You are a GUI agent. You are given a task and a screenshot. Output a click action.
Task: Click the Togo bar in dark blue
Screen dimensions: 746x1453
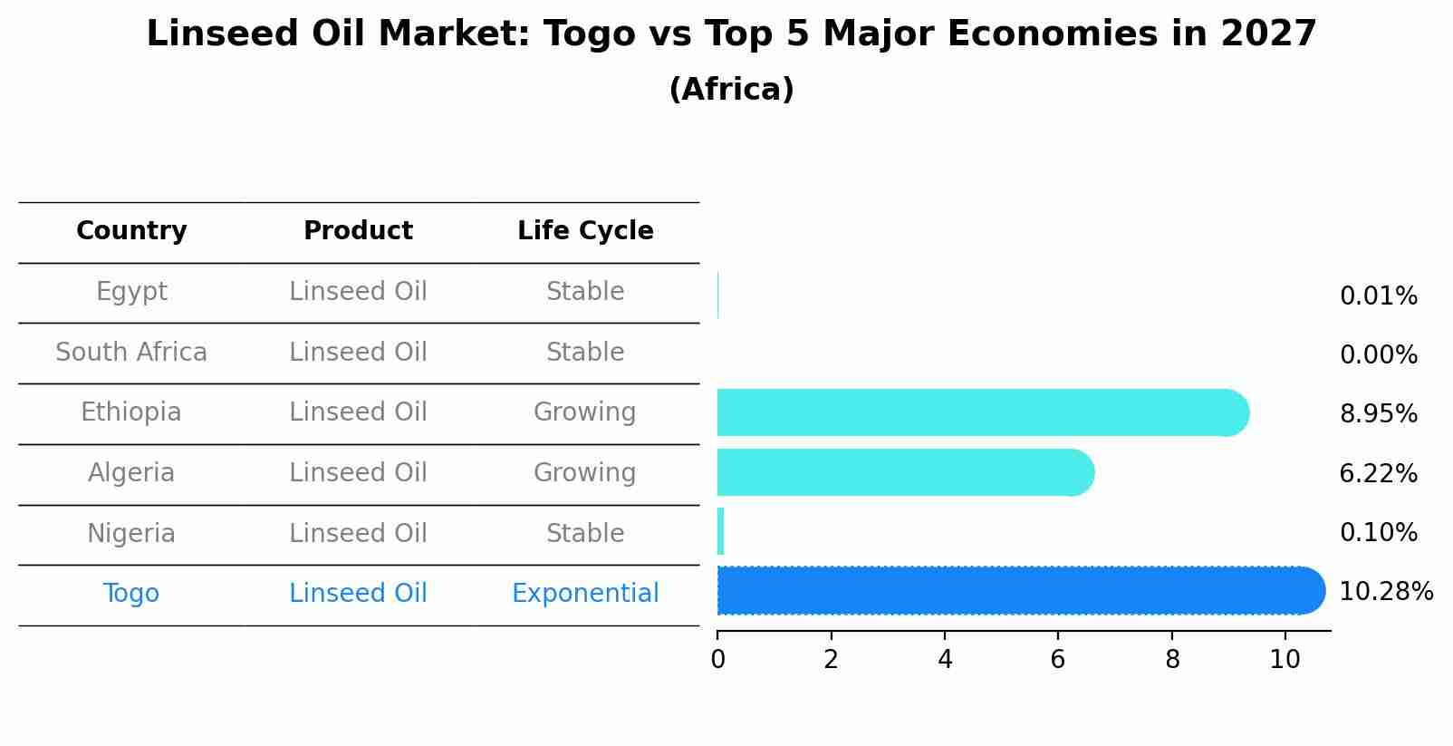[1015, 591]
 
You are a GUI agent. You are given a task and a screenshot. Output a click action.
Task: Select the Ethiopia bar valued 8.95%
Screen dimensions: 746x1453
[978, 412]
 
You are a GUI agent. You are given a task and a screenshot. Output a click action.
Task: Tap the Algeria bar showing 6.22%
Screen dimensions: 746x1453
[901, 472]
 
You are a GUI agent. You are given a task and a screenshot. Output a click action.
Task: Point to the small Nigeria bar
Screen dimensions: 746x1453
[721, 531]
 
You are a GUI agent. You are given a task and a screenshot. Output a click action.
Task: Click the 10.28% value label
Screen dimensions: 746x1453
[1385, 592]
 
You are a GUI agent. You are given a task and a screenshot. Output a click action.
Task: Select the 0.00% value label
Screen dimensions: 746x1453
[1378, 355]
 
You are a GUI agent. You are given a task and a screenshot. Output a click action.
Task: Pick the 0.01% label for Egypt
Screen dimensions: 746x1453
[1378, 296]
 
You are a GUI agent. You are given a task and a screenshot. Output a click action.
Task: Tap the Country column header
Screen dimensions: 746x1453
[131, 231]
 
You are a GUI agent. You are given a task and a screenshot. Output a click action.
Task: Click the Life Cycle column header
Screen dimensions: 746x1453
[585, 231]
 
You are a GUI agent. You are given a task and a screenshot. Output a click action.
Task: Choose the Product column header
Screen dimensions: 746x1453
[358, 231]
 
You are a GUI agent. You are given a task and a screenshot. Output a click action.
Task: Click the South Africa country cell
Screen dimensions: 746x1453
[131, 352]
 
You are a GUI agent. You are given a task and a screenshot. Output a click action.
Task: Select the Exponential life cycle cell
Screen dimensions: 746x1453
[585, 594]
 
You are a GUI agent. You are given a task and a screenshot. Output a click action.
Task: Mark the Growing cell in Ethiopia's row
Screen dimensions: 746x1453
[585, 412]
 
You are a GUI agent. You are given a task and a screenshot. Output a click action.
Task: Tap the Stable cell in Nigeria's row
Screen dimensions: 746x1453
[585, 533]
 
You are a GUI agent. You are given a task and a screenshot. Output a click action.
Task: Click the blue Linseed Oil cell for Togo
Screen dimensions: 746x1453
[358, 594]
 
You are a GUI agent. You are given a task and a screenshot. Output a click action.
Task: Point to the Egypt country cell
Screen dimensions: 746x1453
[131, 292]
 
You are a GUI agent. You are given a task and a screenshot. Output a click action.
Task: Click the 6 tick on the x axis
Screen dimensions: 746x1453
[1058, 660]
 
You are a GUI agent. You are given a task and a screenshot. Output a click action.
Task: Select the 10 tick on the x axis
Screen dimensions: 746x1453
[1285, 660]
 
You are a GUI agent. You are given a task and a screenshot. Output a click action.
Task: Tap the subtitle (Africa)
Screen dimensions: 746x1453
[731, 90]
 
